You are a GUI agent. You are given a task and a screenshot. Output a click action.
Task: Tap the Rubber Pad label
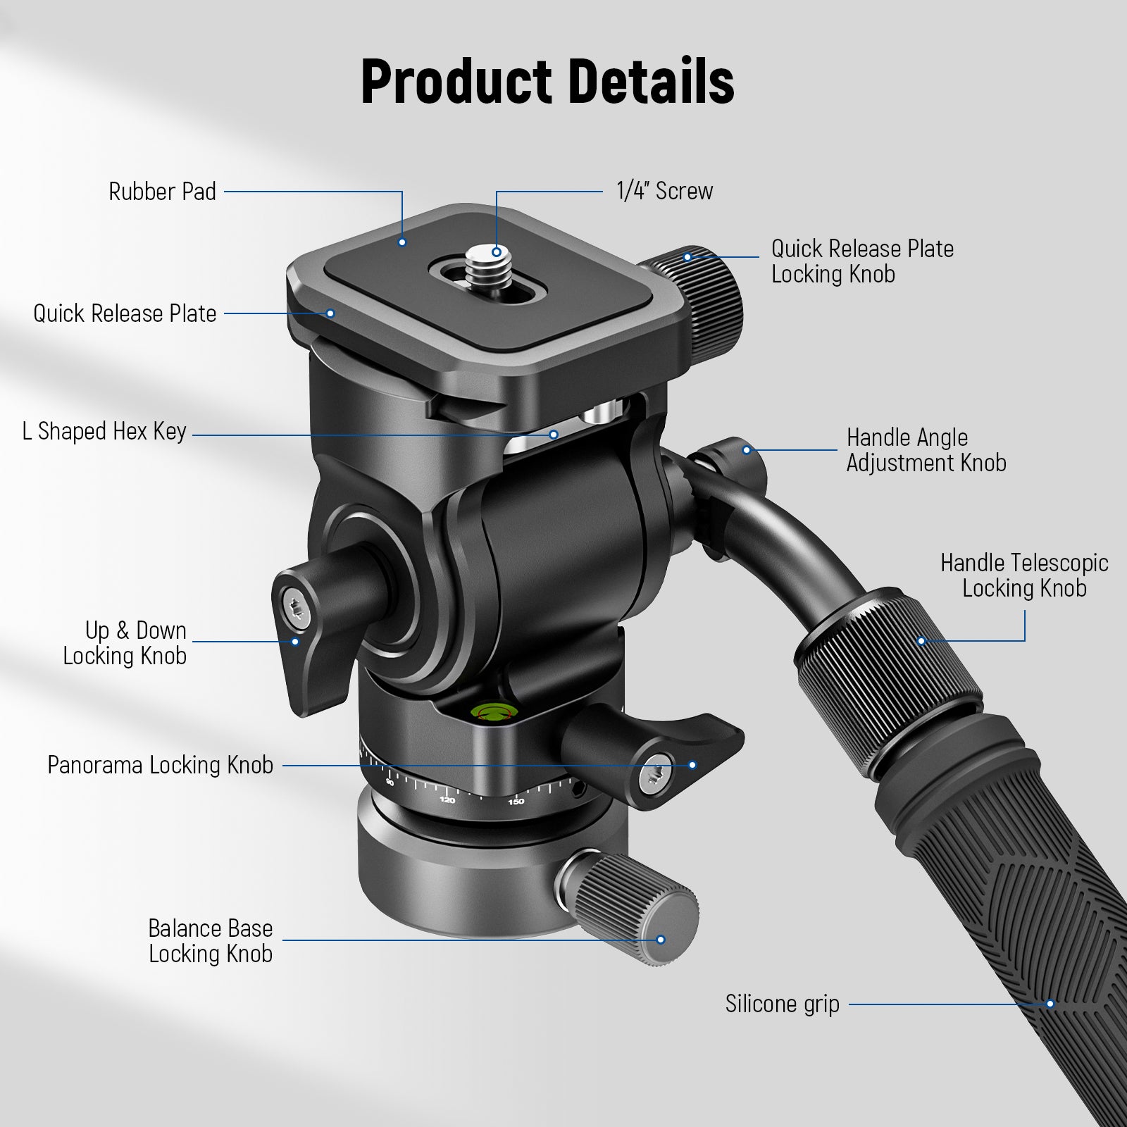(162, 192)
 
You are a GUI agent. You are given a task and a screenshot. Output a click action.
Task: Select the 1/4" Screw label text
(664, 191)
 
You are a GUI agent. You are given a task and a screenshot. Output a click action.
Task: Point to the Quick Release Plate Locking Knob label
(862, 261)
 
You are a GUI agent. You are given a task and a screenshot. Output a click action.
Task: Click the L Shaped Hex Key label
(104, 431)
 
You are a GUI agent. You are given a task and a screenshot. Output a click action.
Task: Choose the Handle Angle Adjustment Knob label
(926, 450)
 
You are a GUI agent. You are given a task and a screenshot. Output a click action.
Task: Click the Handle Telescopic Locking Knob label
(1024, 575)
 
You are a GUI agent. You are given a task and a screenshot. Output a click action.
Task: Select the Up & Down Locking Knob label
(125, 643)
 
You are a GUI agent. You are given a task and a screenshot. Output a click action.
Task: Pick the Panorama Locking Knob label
(160, 765)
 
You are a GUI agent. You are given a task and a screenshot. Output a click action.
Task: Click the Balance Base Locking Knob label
(210, 941)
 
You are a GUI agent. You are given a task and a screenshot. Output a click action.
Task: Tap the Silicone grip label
(782, 1004)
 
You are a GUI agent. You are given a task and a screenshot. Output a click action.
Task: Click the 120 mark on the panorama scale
(447, 800)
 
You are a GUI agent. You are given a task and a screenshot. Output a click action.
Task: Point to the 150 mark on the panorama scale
(516, 802)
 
